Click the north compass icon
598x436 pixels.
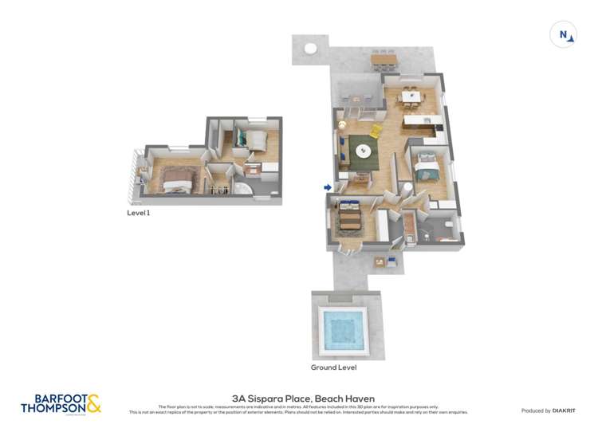[564, 34]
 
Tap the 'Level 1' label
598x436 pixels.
[139, 213]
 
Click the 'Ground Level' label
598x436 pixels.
[333, 367]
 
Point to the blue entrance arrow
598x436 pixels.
[328, 187]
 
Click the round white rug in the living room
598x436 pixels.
[364, 149]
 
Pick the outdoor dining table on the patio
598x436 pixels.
[384, 59]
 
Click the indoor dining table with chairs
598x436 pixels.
[410, 96]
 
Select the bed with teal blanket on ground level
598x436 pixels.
[428, 168]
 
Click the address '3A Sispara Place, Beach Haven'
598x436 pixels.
[303, 399]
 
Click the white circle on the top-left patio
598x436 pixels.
[309, 49]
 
